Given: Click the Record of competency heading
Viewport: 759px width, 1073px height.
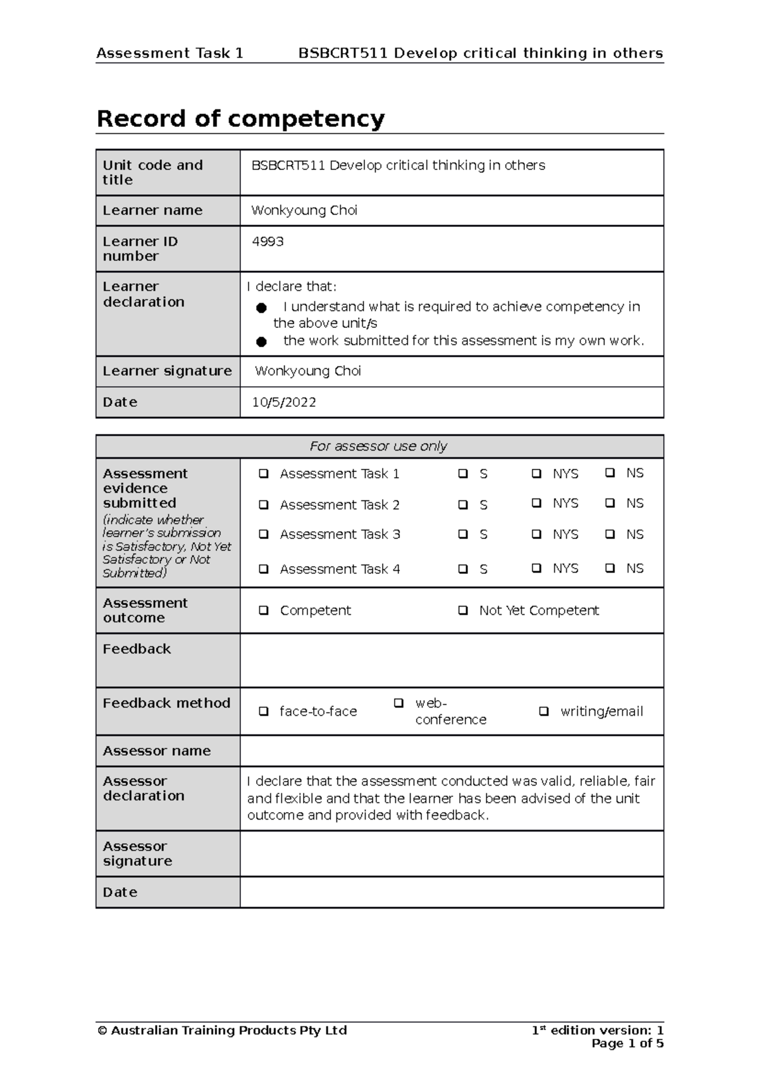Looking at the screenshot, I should pos(240,119).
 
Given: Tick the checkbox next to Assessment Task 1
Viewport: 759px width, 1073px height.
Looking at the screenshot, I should pos(264,474).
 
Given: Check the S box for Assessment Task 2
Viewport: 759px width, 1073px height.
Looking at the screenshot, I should pos(463,505).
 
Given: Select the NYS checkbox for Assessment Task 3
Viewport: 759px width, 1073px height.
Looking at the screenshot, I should pos(536,534).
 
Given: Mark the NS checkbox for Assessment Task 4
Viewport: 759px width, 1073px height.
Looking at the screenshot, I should pos(610,568).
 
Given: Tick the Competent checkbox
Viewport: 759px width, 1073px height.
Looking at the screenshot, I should pos(264,610).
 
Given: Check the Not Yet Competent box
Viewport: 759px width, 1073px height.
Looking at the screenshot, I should pos(463,610).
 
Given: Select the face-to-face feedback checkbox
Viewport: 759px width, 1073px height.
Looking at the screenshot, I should pos(264,712).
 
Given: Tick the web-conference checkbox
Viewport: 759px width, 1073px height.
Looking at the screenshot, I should pos(398,703).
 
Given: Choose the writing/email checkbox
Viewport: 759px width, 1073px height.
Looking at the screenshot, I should pos(543,712).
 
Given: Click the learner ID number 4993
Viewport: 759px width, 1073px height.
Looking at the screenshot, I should pos(268,241).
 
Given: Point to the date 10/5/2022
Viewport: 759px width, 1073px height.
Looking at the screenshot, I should pos(284,403).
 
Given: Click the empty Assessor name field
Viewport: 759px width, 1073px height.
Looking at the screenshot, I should pos(451,751).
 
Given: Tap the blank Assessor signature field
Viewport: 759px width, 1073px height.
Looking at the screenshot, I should pos(451,854).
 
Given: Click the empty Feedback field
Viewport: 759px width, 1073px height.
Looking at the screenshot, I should pos(451,660).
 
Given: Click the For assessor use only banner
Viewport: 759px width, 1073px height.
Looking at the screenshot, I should pos(378,446).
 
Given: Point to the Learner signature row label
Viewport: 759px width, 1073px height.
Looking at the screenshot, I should pos(167,371).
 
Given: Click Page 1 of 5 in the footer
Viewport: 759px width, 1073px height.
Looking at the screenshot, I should pos(627,1043).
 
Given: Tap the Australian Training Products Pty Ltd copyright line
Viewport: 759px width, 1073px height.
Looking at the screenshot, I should pos(222,1030).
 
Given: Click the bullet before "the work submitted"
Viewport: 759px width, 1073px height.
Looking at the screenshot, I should pos(261,342).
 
